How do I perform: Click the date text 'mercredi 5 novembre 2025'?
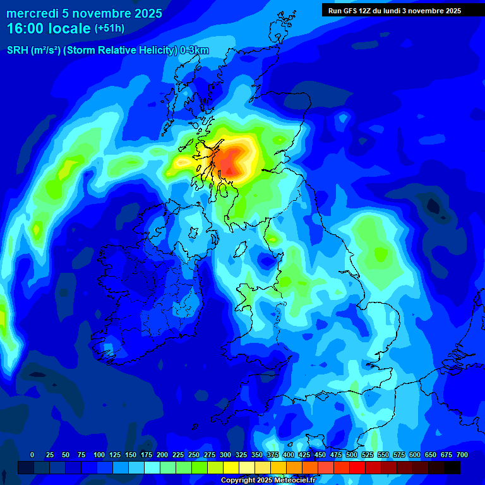click(85, 13)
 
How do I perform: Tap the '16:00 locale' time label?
click(49, 28)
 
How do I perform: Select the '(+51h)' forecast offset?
click(109, 28)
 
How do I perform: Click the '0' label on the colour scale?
click(32, 455)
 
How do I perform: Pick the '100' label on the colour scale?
click(99, 455)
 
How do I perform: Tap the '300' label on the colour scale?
click(225, 455)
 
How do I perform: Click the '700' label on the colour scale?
click(462, 455)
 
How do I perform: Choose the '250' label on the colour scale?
click(194, 455)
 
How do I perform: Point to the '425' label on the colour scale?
click(304, 455)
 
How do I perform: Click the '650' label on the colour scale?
click(431, 455)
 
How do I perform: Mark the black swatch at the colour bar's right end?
click(452, 467)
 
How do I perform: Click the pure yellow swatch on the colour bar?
click(231, 467)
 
